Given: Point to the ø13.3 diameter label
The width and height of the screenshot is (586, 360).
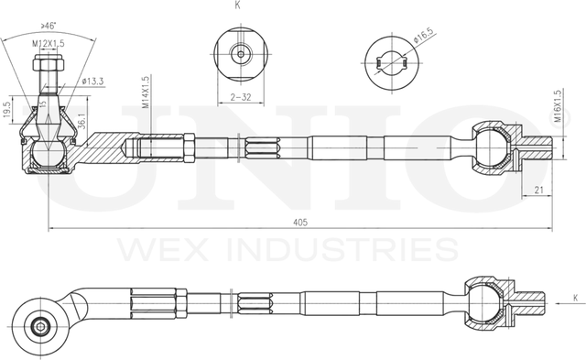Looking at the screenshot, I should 93,81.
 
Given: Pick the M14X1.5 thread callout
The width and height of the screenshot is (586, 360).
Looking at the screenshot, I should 146,92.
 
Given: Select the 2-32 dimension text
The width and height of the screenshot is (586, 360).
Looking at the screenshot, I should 241,95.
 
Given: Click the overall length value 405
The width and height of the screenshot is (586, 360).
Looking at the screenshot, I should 300,221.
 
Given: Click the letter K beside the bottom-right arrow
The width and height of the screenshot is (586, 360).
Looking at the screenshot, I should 574,298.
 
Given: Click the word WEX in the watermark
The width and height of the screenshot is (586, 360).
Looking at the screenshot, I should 155,248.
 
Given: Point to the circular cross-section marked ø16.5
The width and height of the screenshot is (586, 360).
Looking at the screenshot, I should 394,61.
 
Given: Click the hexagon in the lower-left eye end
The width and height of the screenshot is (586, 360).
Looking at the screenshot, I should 40,324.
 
